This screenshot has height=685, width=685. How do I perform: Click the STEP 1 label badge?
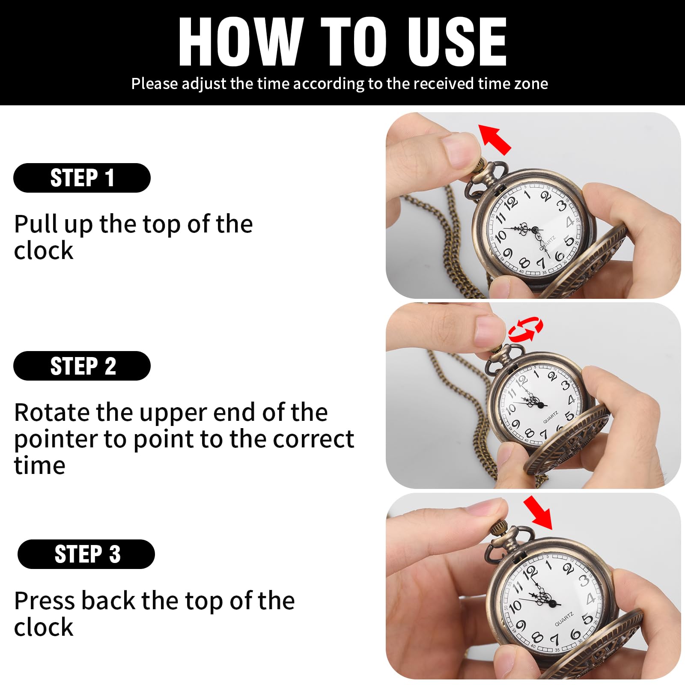point(82,178)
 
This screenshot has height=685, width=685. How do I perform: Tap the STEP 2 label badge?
point(82,366)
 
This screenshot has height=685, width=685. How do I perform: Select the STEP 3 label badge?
point(86,554)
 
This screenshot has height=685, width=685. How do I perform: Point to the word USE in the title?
point(457,42)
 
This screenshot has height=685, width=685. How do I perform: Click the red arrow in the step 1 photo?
point(494,139)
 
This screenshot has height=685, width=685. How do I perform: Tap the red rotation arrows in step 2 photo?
point(525,329)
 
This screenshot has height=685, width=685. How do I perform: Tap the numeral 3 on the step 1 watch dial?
point(561,206)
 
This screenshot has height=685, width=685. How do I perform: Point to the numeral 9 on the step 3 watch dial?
point(521,625)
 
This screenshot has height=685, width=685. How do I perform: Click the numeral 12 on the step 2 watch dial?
point(521,380)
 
